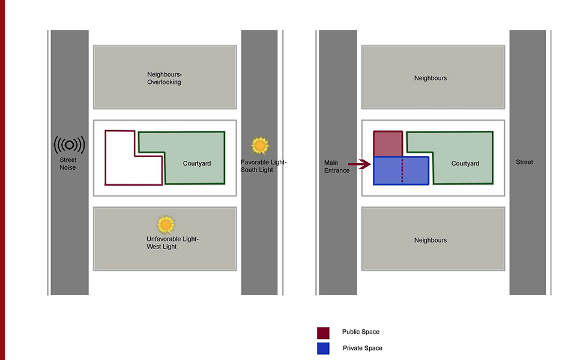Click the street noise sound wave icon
pos(69,145)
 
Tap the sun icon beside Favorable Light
pos(260,146)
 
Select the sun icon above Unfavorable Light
pos(166,225)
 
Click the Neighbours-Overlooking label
pos(164,78)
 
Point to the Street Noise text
pos(68,164)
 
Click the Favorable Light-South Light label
pos(264,166)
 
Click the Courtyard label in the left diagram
pos(197,163)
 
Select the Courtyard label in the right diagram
pos(465,163)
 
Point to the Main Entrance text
pos(337,166)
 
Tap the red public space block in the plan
pos(387,143)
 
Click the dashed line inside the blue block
pos(402,170)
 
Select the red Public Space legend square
pos(323,332)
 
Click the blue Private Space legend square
pos(323,348)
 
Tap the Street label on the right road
pos(524,162)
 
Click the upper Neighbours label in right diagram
pos(430,78)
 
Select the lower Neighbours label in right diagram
pos(430,240)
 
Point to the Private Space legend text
pos(362,348)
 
